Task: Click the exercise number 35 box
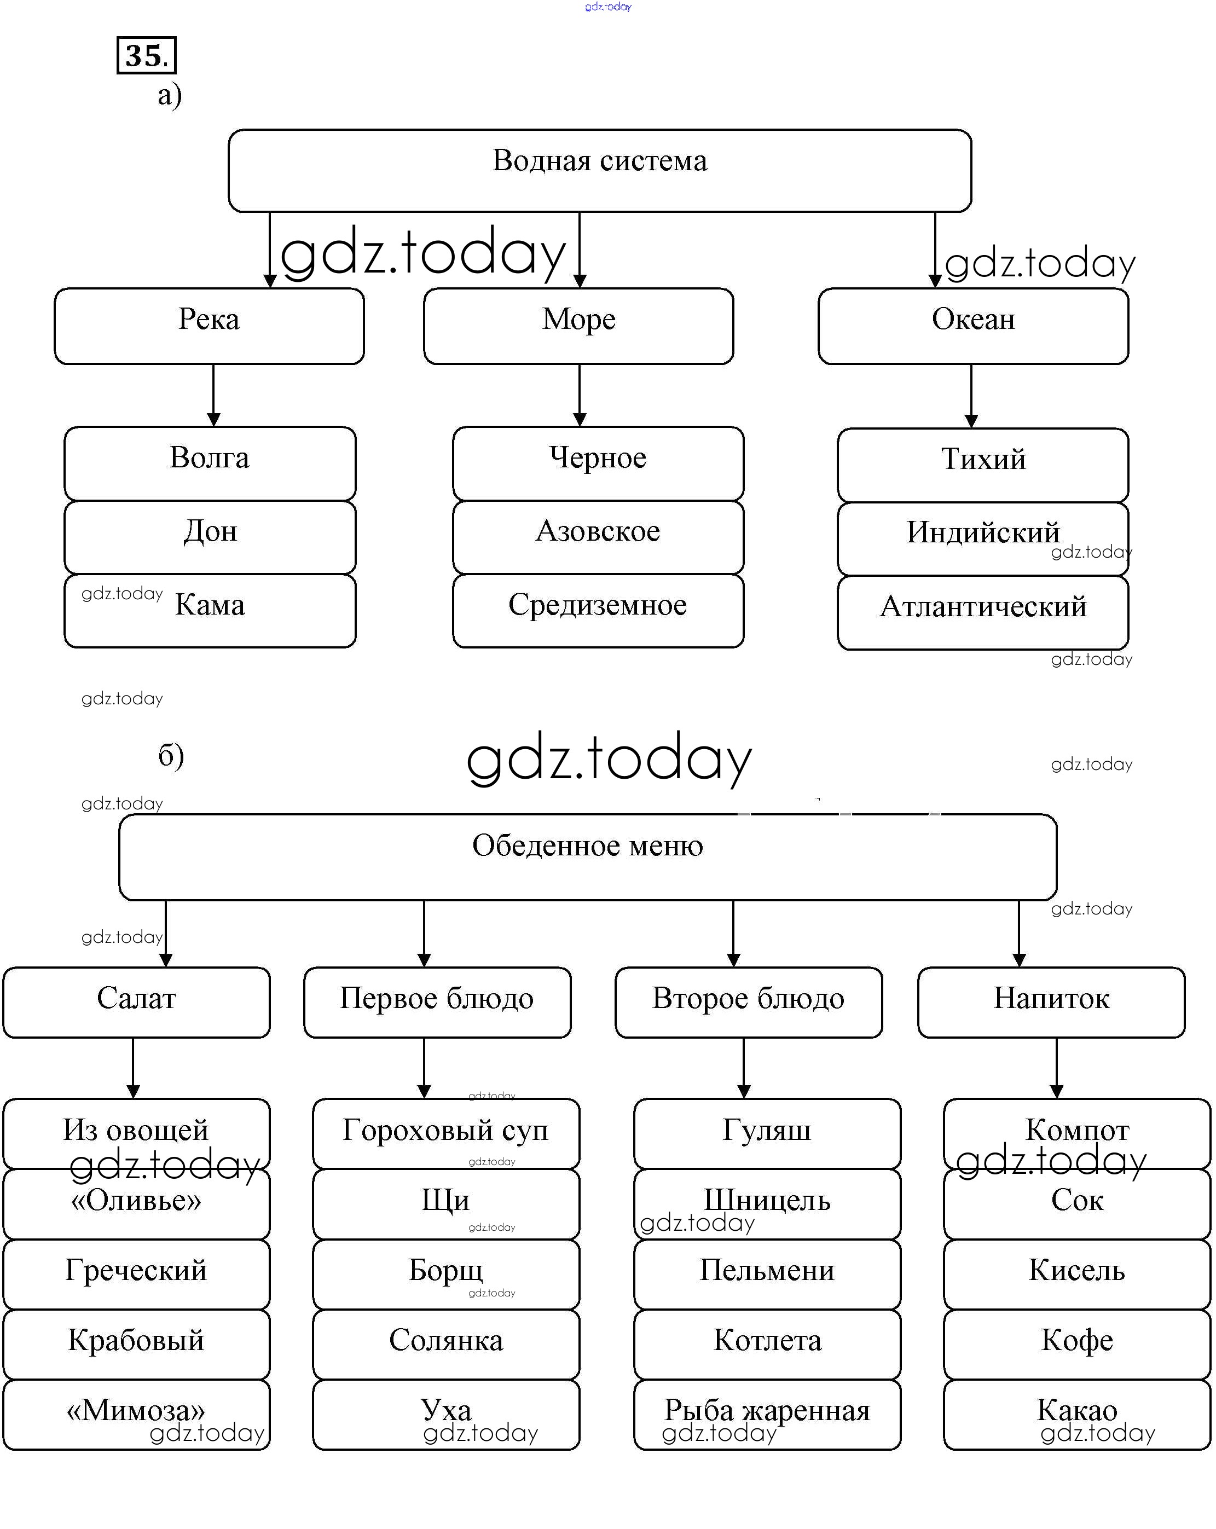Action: pos(146,55)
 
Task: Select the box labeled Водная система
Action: pos(599,170)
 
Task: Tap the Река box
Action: pos(209,326)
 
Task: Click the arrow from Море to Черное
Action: pos(580,395)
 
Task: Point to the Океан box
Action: pos(973,326)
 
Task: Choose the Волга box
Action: pos(210,463)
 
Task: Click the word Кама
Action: pos(210,605)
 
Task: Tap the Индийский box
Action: pos(983,538)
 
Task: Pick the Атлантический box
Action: pos(983,612)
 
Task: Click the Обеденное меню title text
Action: pos(587,845)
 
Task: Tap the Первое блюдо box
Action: pos(437,1002)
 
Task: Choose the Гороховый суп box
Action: pos(445,1133)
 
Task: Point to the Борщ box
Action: pos(445,1273)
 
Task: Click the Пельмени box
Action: pos(767,1273)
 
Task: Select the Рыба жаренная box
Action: pos(767,1414)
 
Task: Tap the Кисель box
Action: pos(1076,1273)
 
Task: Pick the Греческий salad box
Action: pos(136,1273)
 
